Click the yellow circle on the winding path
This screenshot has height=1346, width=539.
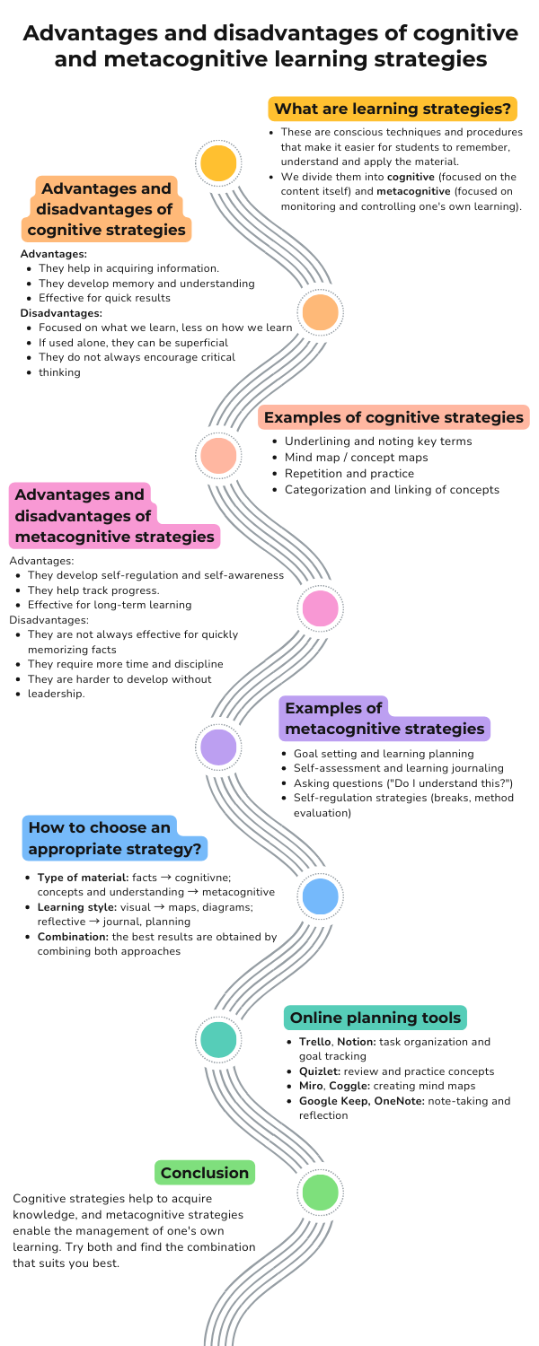coord(218,162)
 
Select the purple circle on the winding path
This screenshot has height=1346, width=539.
coord(218,747)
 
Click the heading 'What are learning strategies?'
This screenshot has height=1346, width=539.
coord(393,109)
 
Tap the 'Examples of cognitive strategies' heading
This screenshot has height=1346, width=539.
coord(393,417)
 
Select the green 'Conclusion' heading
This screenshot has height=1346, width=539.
coord(205,1172)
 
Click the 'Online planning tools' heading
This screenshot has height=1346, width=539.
coord(376,1018)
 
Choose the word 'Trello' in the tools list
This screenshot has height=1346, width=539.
coord(314,1042)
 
